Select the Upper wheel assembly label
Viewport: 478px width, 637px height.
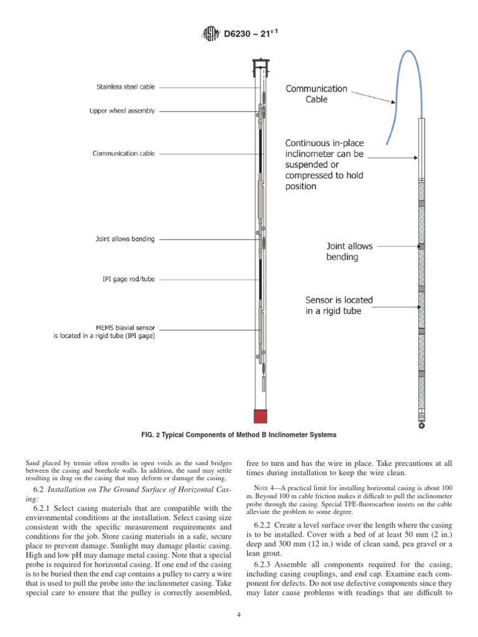click(x=122, y=111)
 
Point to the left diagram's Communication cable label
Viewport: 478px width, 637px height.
click(x=124, y=153)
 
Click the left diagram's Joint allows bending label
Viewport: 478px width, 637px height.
click(x=125, y=238)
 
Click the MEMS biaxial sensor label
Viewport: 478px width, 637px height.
click(x=104, y=331)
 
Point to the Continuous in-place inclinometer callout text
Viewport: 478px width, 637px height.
click(x=324, y=164)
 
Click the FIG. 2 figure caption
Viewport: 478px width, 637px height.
click(x=238, y=435)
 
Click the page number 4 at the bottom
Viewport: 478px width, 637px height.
click(x=239, y=616)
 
